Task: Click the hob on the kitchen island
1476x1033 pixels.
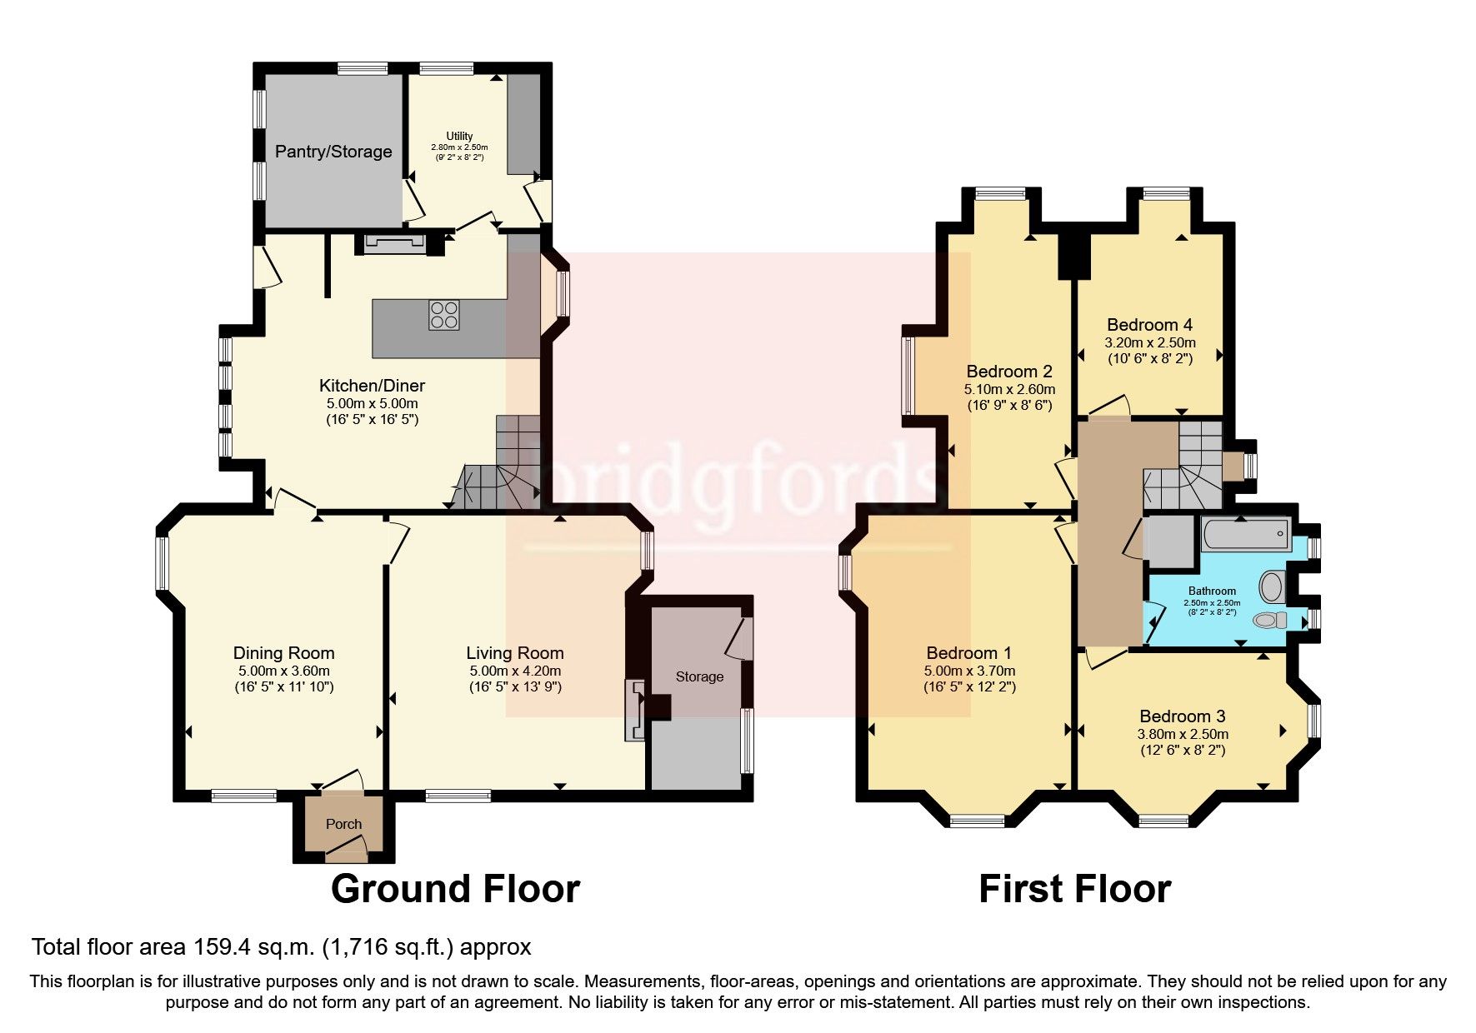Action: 443,315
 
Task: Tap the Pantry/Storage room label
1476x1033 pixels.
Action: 333,152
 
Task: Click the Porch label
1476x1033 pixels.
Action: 343,824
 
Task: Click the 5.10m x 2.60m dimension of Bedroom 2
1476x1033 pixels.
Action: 1009,389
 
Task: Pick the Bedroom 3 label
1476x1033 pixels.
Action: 1182,716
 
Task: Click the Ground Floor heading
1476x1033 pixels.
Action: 455,889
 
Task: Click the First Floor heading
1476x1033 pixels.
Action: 1074,889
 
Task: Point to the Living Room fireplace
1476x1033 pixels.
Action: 635,710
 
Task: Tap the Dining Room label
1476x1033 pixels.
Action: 283,653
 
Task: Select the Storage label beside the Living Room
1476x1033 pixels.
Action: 699,676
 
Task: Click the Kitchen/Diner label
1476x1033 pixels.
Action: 372,386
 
